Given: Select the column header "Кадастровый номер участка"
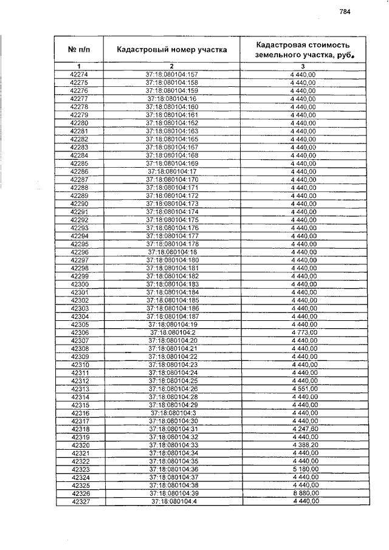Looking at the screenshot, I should tap(172, 50).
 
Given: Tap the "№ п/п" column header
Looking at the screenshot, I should tap(80, 50).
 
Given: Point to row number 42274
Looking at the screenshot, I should tap(80, 75).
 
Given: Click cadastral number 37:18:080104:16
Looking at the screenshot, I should tap(172, 98).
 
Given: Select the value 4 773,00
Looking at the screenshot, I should tap(304, 333).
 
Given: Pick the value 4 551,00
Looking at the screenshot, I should tap(304, 389).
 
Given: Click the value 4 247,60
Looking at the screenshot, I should tap(304, 429).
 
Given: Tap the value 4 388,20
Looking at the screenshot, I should tap(304, 445).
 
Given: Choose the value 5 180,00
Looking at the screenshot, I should tap(304, 470).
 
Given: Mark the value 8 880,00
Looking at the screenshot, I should tap(304, 494).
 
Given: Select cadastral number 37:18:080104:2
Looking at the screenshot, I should tap(172, 333).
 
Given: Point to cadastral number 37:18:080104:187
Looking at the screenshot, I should tap(172, 317).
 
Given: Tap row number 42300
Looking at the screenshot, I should tap(80, 284).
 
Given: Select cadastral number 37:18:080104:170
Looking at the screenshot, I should tap(172, 179).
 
